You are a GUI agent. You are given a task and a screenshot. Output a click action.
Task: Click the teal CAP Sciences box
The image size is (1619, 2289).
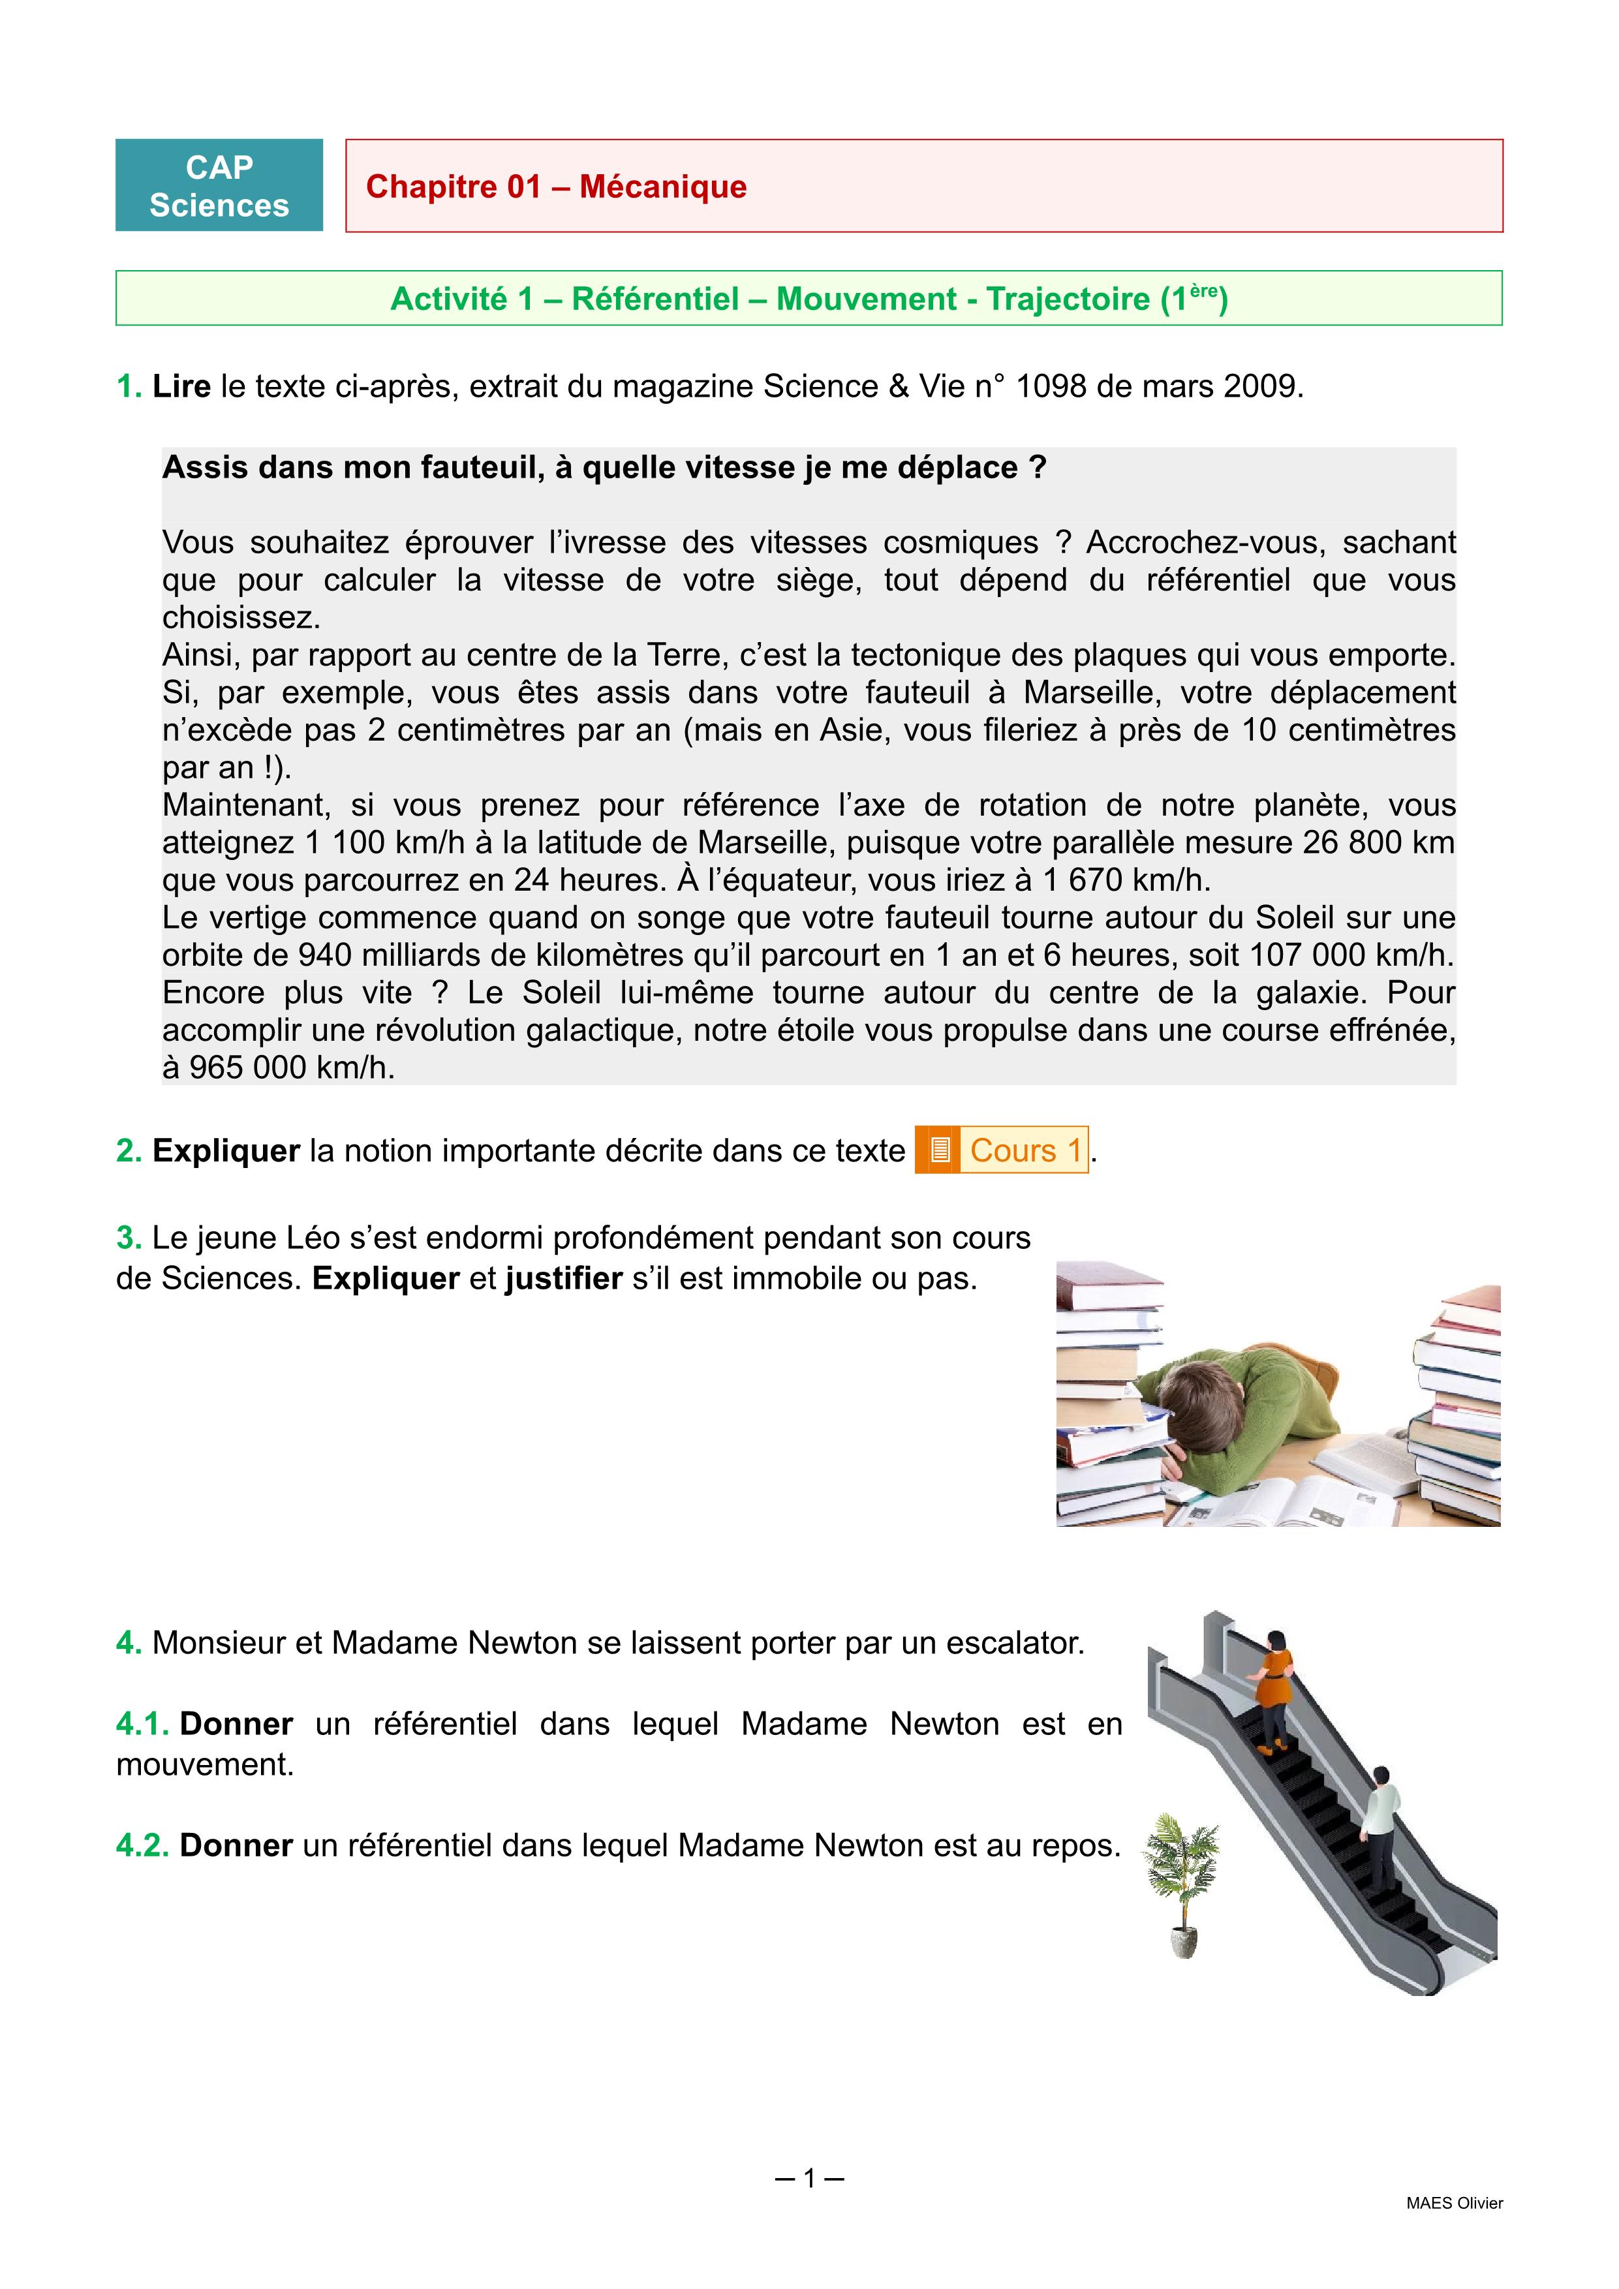coord(219,185)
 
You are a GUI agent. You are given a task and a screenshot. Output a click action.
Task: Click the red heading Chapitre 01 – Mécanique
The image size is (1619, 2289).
coord(556,187)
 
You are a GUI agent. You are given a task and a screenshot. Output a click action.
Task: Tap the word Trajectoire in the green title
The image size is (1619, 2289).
coord(1068,299)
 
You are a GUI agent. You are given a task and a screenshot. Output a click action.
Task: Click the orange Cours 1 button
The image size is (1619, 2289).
coord(1025,1150)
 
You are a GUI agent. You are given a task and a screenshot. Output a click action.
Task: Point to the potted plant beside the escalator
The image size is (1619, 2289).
coord(1182,1884)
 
